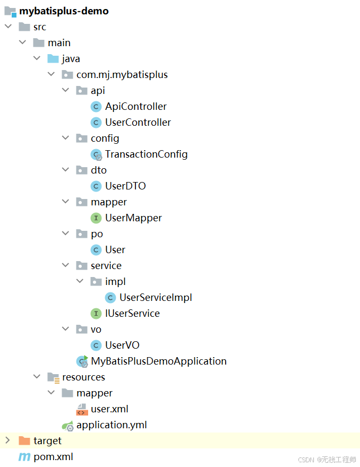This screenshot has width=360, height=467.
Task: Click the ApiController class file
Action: [x=135, y=106]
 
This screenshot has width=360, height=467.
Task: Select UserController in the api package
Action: [x=138, y=122]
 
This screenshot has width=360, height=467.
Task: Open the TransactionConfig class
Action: [x=146, y=154]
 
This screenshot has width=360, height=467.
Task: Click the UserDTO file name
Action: [x=125, y=186]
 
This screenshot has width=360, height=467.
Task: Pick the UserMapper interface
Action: [x=133, y=218]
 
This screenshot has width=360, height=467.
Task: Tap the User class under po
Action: [x=115, y=249]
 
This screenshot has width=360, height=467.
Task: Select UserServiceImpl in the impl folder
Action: [x=156, y=297]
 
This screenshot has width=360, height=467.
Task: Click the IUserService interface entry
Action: [x=132, y=313]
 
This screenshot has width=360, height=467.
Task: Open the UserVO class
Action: [x=122, y=345]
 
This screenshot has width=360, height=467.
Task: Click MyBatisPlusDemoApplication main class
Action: [x=159, y=361]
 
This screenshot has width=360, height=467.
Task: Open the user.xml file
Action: [x=109, y=409]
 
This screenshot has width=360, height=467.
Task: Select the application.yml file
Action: [x=112, y=425]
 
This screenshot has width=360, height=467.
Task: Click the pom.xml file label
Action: [x=53, y=456]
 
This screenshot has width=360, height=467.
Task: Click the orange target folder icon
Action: [x=24, y=440]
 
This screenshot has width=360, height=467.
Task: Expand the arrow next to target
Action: [x=7, y=440]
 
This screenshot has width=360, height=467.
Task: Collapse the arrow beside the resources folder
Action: [x=37, y=377]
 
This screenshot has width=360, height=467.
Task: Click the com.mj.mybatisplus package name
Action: [x=122, y=74]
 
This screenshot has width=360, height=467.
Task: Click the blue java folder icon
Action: [x=53, y=58]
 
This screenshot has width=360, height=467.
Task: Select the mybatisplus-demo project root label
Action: [x=64, y=11]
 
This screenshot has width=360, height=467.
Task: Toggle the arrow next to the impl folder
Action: [x=80, y=281]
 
